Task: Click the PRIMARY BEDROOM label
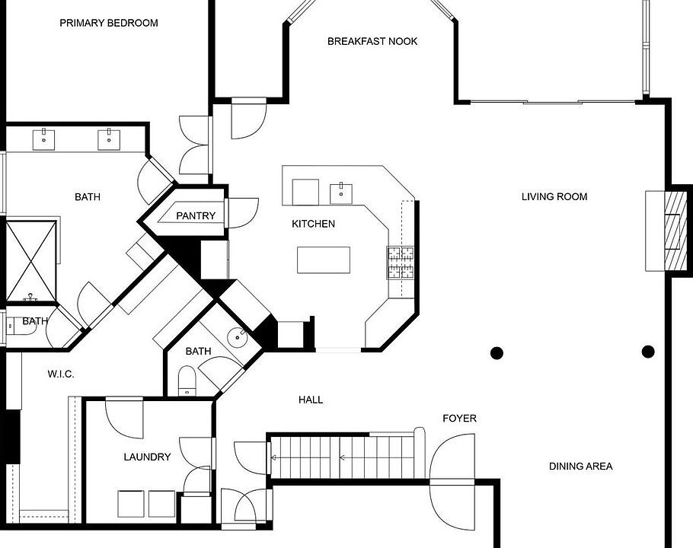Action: (109, 23)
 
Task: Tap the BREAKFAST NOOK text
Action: (372, 42)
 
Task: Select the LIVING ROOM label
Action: (554, 197)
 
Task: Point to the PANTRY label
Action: (196, 216)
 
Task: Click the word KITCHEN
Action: (313, 224)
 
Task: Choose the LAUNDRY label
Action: (147, 457)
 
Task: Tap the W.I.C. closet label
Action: (61, 374)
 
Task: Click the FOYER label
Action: (460, 418)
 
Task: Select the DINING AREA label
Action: (581, 467)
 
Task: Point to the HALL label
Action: (311, 400)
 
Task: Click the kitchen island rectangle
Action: (324, 260)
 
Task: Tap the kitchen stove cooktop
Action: (401, 263)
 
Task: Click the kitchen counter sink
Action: (341, 194)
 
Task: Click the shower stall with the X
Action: (31, 261)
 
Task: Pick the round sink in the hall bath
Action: (238, 338)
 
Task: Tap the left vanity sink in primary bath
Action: (43, 139)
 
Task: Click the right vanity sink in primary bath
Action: (109, 139)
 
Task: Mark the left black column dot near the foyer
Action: (497, 353)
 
